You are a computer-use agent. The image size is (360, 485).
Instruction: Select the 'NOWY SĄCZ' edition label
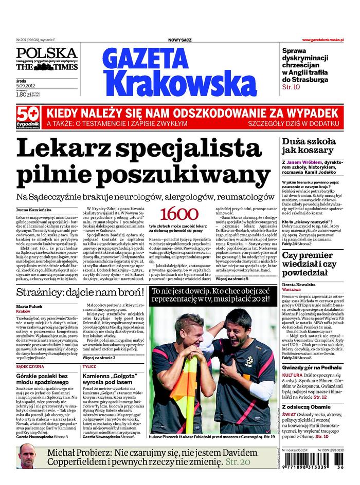180,40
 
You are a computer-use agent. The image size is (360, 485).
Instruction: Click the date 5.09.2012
26,86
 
